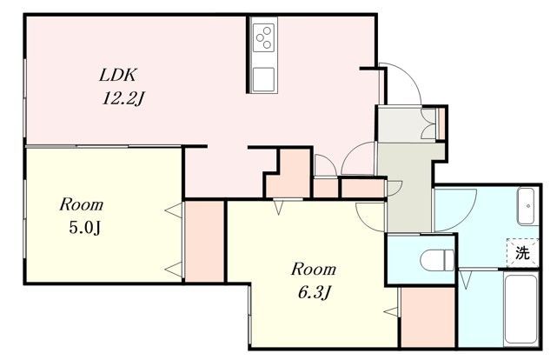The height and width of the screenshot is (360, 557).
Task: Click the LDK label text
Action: point(117,76)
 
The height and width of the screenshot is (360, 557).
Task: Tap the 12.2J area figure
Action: point(123,98)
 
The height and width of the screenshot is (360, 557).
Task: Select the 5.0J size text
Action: point(84,228)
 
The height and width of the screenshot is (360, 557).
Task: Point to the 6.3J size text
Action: point(315,293)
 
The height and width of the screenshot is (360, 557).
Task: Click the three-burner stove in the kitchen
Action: point(263,37)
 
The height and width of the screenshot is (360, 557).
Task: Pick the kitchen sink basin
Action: point(263,79)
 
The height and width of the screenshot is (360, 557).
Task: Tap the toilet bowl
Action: point(436,259)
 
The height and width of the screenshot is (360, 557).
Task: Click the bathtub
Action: point(521,308)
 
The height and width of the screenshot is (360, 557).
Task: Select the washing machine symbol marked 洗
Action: point(522,253)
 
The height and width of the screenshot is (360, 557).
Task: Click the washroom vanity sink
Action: point(526,206)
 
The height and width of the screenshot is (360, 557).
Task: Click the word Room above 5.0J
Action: point(82,205)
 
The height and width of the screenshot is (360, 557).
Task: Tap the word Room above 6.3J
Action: point(314,270)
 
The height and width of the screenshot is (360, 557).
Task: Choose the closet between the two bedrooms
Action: point(204,242)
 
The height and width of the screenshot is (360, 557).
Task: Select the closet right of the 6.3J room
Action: point(428,317)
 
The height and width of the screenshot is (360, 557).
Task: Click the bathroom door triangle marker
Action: point(465,279)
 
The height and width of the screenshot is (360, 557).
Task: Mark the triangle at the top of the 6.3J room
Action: point(279,208)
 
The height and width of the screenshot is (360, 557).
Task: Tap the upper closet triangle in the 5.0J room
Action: point(174,211)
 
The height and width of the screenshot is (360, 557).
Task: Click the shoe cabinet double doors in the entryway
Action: point(428,123)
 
